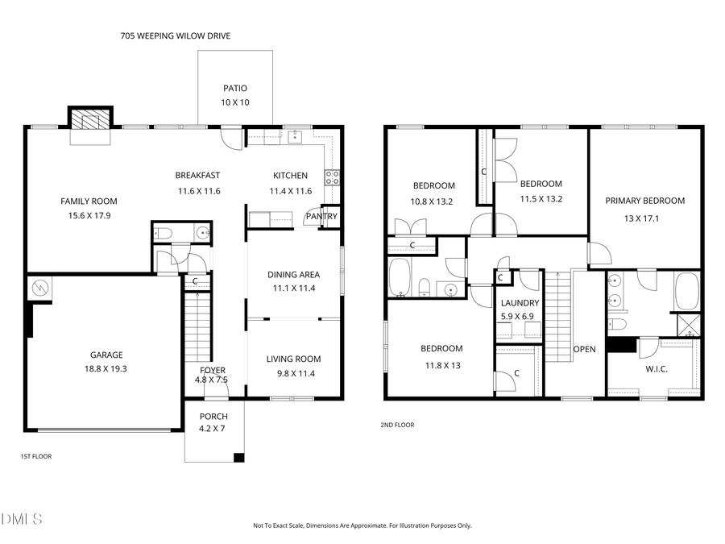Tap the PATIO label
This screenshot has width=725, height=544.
(x=235, y=89)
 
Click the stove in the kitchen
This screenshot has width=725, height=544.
(x=331, y=178)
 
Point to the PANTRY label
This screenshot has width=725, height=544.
(x=321, y=216)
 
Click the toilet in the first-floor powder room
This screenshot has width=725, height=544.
(x=164, y=234)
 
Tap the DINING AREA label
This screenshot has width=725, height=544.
(x=293, y=275)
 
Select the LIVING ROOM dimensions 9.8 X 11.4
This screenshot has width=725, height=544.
(x=293, y=373)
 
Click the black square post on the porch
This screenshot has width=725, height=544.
(x=238, y=458)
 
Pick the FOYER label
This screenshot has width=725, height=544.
(x=213, y=370)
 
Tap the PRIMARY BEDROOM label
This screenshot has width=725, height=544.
(x=644, y=201)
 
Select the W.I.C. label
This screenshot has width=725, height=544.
(x=657, y=369)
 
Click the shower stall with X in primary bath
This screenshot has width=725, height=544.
(x=689, y=325)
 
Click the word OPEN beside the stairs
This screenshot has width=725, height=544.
(x=584, y=350)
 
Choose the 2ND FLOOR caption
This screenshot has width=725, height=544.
(x=397, y=425)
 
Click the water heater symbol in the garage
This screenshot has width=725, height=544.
(x=39, y=288)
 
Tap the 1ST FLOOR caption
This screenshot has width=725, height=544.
(x=35, y=456)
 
